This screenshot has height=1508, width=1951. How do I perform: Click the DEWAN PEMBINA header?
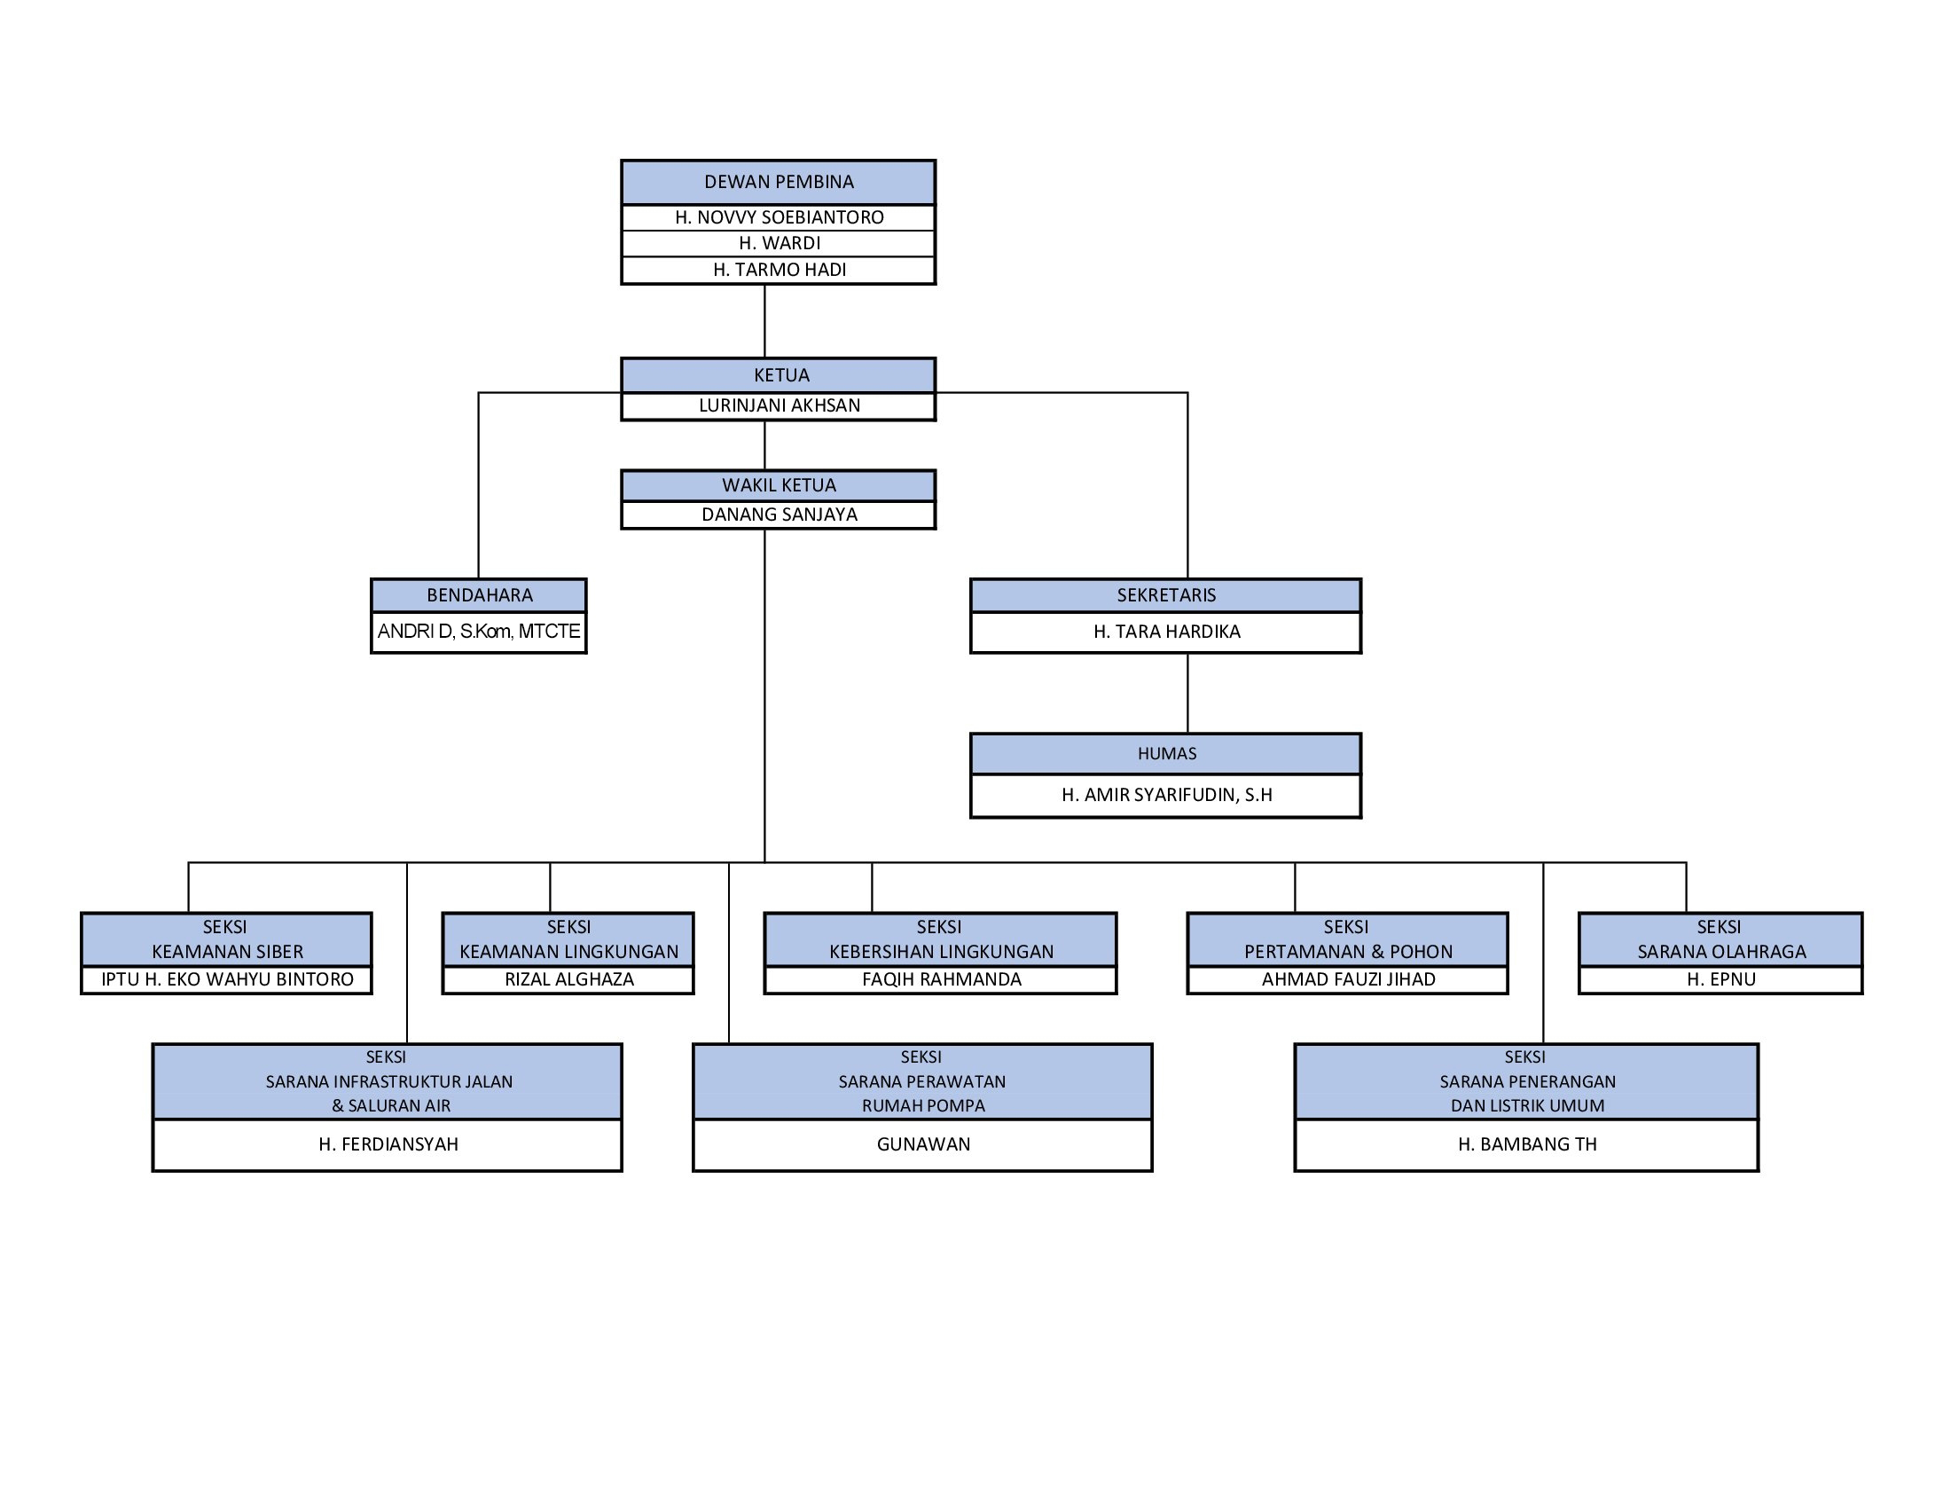[779, 182]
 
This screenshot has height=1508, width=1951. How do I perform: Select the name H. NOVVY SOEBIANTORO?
[779, 217]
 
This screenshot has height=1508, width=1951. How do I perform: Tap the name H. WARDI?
[779, 243]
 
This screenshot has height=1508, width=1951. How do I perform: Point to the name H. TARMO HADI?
[779, 270]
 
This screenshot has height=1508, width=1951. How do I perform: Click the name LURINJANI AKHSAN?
[779, 405]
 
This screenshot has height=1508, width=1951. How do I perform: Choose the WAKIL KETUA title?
[779, 485]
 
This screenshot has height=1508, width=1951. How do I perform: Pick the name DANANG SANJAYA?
[779, 514]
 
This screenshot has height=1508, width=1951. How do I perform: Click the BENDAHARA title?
[479, 595]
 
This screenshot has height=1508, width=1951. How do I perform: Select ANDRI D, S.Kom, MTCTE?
[479, 632]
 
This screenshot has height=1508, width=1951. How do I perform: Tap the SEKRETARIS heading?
[1166, 595]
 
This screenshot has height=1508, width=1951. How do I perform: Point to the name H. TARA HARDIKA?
[1166, 632]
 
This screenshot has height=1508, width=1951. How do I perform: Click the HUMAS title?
[1166, 753]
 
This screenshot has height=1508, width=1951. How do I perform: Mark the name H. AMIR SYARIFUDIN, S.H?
[1166, 795]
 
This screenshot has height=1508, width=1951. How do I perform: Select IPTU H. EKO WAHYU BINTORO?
[227, 979]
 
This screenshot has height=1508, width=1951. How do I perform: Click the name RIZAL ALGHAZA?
[569, 979]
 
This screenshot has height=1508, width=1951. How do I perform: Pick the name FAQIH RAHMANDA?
[941, 979]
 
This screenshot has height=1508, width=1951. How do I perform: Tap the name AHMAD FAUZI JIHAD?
[1348, 979]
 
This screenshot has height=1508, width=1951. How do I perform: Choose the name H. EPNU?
[1720, 979]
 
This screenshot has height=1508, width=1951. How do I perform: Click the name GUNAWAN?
[923, 1144]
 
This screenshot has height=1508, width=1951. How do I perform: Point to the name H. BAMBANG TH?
[1527, 1144]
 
